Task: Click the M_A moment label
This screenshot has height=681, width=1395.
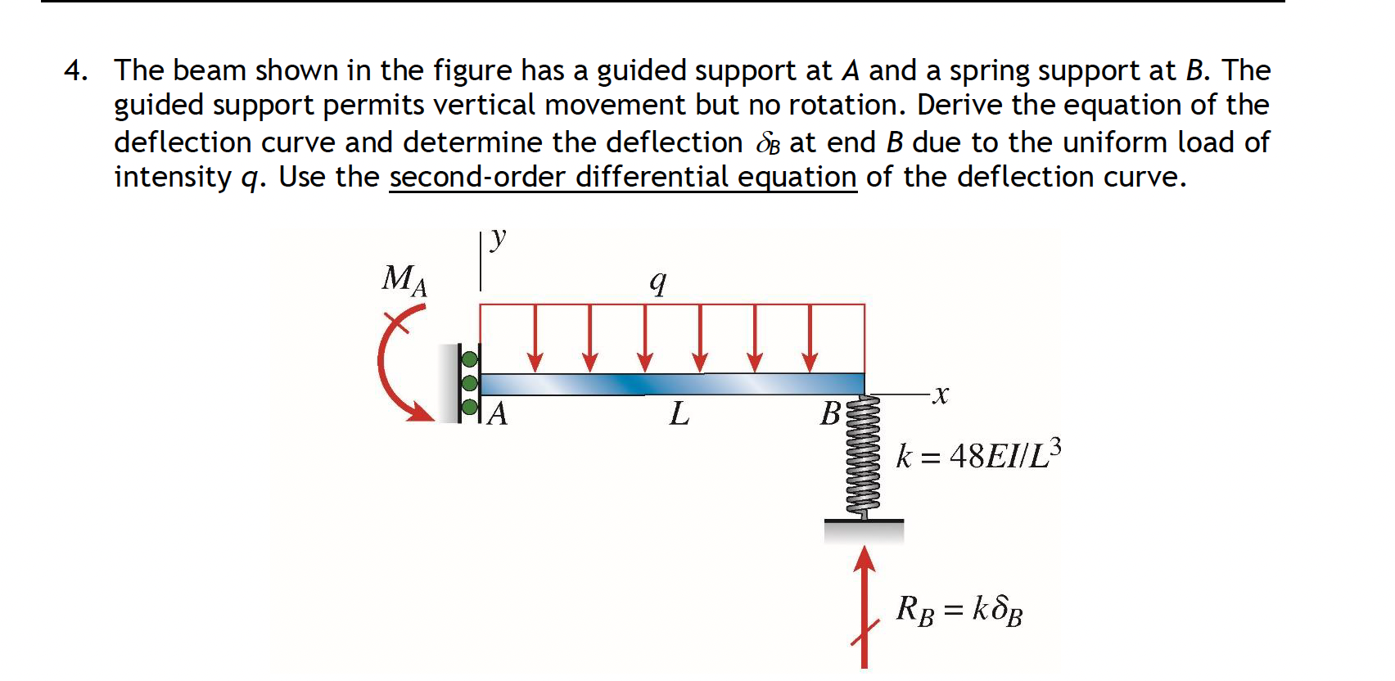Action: click(404, 280)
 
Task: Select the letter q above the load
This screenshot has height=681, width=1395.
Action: click(657, 282)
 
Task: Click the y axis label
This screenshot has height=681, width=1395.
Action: click(498, 238)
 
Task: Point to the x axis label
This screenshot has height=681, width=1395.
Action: click(941, 395)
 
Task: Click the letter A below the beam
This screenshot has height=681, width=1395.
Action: click(497, 414)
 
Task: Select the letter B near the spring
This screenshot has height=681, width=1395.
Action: click(829, 414)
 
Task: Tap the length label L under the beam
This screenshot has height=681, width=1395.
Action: click(679, 414)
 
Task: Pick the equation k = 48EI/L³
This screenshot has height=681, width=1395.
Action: click(978, 455)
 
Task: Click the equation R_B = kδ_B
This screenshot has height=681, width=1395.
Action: click(959, 610)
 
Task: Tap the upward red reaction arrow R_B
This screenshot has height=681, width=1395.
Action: click(865, 606)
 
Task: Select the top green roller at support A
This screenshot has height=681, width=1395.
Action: click(470, 359)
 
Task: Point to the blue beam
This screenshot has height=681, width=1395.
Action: click(671, 384)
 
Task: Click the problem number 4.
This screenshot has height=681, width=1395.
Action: click(74, 71)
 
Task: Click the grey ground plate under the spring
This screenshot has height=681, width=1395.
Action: click(864, 530)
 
